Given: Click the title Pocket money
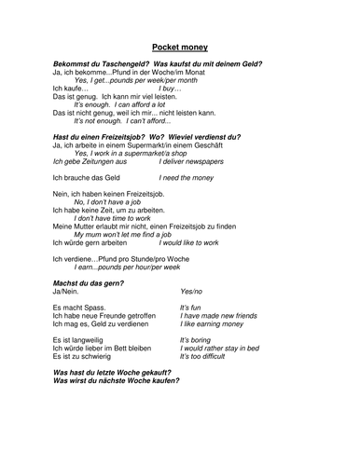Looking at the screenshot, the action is (x=179, y=46).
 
